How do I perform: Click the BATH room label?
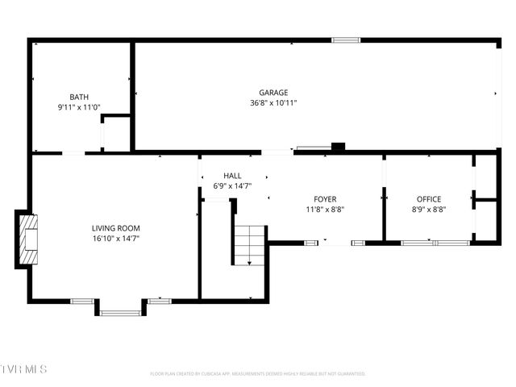coord(78,97)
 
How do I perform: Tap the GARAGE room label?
coord(273,93)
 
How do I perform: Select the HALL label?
coord(232,176)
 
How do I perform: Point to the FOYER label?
coord(325,199)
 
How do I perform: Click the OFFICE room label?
coord(428,199)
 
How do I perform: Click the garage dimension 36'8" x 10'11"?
coord(273,103)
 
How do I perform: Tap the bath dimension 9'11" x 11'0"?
coord(78,107)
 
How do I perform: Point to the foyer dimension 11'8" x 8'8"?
coord(325,210)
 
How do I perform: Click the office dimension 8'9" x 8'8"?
coord(428,210)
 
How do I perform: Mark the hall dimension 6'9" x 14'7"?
coord(232,186)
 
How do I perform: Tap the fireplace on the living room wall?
coord(27,239)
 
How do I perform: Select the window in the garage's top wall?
coord(346,40)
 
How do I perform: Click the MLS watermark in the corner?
coord(23,369)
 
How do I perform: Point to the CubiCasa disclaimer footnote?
coord(258,374)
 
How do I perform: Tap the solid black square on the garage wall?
coord(339,147)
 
